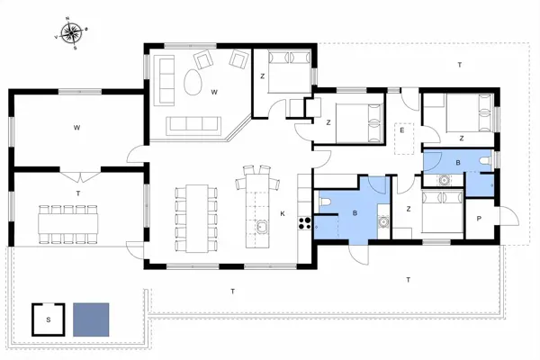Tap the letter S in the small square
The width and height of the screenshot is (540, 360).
[x=47, y=318]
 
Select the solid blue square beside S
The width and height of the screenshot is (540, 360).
[x=91, y=318]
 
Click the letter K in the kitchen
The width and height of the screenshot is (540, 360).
[x=282, y=213]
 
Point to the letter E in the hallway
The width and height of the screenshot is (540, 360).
[x=402, y=130]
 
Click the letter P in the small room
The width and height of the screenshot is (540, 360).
[x=478, y=218]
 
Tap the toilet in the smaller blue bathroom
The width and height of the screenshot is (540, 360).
[x=485, y=162]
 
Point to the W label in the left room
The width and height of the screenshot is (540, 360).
[x=76, y=129]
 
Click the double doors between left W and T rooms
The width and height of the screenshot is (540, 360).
[x=77, y=169]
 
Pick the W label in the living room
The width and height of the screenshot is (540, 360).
[x=214, y=91]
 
